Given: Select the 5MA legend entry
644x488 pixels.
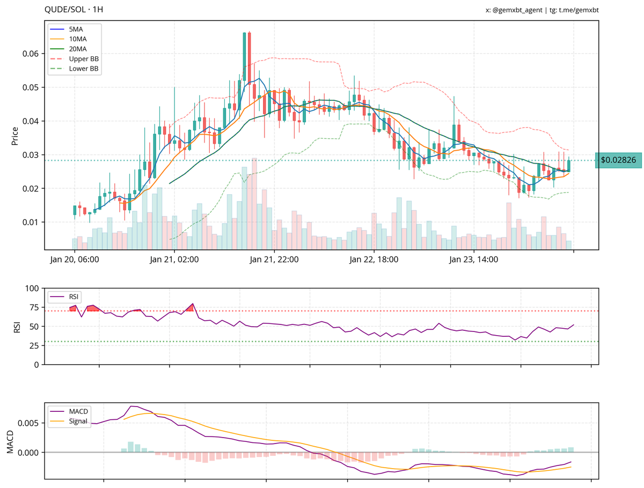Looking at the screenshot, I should (x=76, y=29).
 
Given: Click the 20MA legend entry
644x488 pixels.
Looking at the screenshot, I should (x=77, y=49).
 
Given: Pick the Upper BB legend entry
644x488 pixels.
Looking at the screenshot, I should (x=83, y=58).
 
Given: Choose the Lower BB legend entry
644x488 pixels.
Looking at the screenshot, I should (x=83, y=69).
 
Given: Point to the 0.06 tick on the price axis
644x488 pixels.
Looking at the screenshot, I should (x=31, y=54).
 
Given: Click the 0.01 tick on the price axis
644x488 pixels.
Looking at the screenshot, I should (x=31, y=222).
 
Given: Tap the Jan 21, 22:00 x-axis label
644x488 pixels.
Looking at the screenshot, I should (x=274, y=260).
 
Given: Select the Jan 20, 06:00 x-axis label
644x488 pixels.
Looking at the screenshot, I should (x=75, y=260).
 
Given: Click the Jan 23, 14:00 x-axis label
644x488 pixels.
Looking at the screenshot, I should (x=474, y=260).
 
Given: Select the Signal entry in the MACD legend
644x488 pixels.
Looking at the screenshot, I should (x=78, y=421).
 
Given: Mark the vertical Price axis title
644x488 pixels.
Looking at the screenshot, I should (x=15, y=136).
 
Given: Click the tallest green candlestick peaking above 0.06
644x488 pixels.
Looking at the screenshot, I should (x=244, y=57).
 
